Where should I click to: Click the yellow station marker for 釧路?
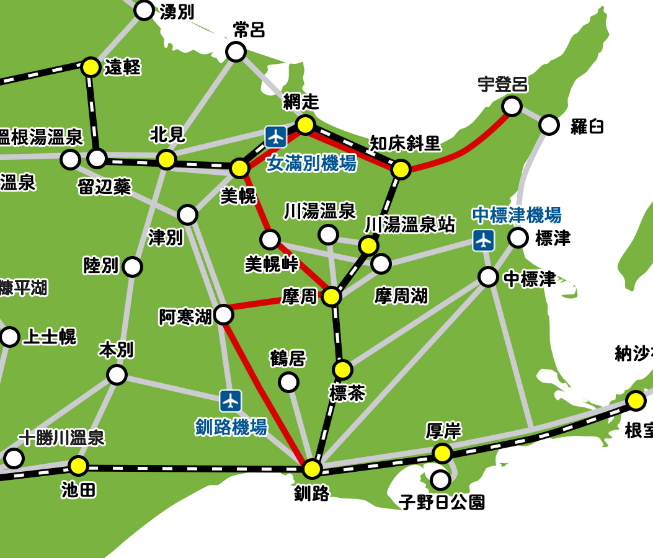click(313, 469)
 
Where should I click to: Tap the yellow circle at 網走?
click(305, 125)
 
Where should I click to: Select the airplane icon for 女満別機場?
click(275, 136)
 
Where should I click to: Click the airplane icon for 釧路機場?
click(231, 401)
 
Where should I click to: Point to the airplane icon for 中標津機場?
click(483, 240)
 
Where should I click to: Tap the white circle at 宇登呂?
click(512, 106)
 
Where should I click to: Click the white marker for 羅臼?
click(549, 125)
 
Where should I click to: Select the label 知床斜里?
click(405, 143)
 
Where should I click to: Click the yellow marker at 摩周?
click(332, 297)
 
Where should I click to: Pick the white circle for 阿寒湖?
click(223, 315)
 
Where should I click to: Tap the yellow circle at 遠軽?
click(91, 67)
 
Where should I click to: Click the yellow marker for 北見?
click(166, 159)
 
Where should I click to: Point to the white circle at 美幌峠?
click(270, 239)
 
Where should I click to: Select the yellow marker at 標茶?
click(342, 370)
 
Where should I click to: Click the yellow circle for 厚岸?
click(442, 453)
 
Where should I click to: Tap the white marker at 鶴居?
click(288, 382)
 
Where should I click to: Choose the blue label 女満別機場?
click(311, 164)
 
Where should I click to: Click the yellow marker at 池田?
click(78, 465)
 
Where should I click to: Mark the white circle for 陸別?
click(132, 267)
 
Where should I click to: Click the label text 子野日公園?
click(442, 501)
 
